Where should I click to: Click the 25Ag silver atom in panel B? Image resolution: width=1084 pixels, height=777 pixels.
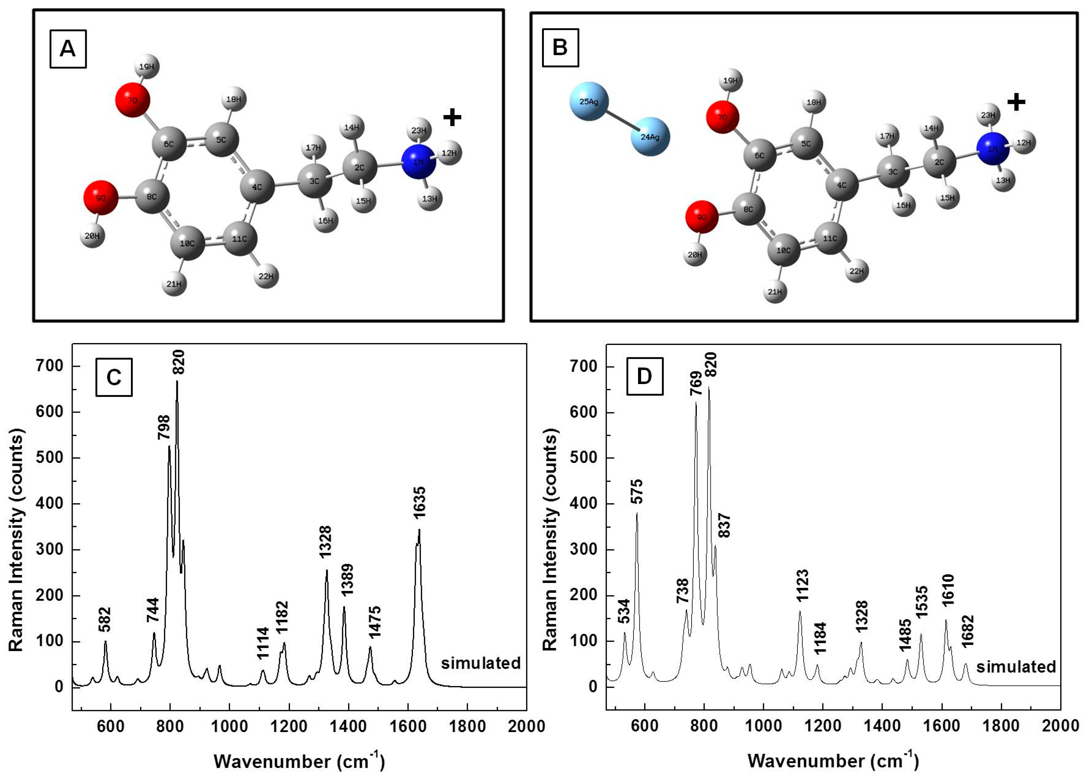[x=589, y=101]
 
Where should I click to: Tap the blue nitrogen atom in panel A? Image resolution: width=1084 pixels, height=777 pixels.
[x=418, y=162]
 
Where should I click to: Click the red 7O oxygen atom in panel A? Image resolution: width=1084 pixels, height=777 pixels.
[x=132, y=100]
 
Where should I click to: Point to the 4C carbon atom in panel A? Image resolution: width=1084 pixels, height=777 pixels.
[x=257, y=187]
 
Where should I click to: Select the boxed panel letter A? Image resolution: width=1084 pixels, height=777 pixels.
[x=68, y=49]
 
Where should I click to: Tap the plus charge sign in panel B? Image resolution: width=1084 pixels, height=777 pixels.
[x=1016, y=102]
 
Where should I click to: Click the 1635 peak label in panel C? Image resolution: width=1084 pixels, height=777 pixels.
[x=419, y=503]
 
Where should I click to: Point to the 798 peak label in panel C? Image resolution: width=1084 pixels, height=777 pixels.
[x=163, y=427]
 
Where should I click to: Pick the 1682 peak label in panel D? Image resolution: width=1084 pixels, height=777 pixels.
[x=967, y=631]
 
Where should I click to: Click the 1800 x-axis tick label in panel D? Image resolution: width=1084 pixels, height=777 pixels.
[x=1002, y=726]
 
